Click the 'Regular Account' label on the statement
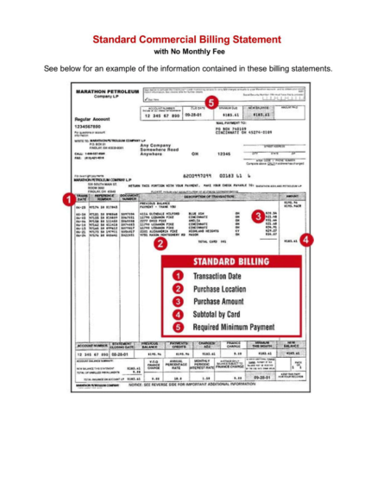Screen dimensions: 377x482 [x=94, y=118]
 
